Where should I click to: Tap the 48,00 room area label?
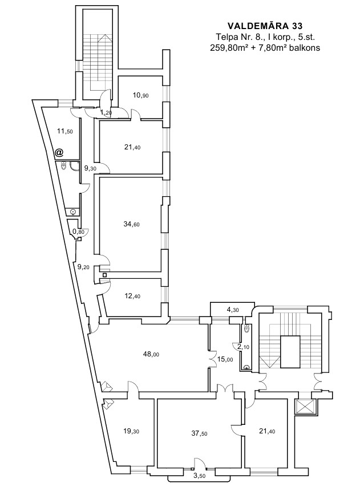151,354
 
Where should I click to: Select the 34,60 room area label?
132,225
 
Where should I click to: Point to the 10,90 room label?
140,95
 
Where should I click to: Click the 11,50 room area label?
64,131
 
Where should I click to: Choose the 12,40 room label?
132,296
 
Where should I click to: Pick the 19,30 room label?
131,431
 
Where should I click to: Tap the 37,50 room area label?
199,433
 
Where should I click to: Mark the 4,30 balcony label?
232,310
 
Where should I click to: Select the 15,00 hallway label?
225,359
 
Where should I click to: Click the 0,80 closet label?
78,232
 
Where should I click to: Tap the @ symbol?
59,153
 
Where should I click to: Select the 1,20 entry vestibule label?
106,112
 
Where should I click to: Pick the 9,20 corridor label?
83,267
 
